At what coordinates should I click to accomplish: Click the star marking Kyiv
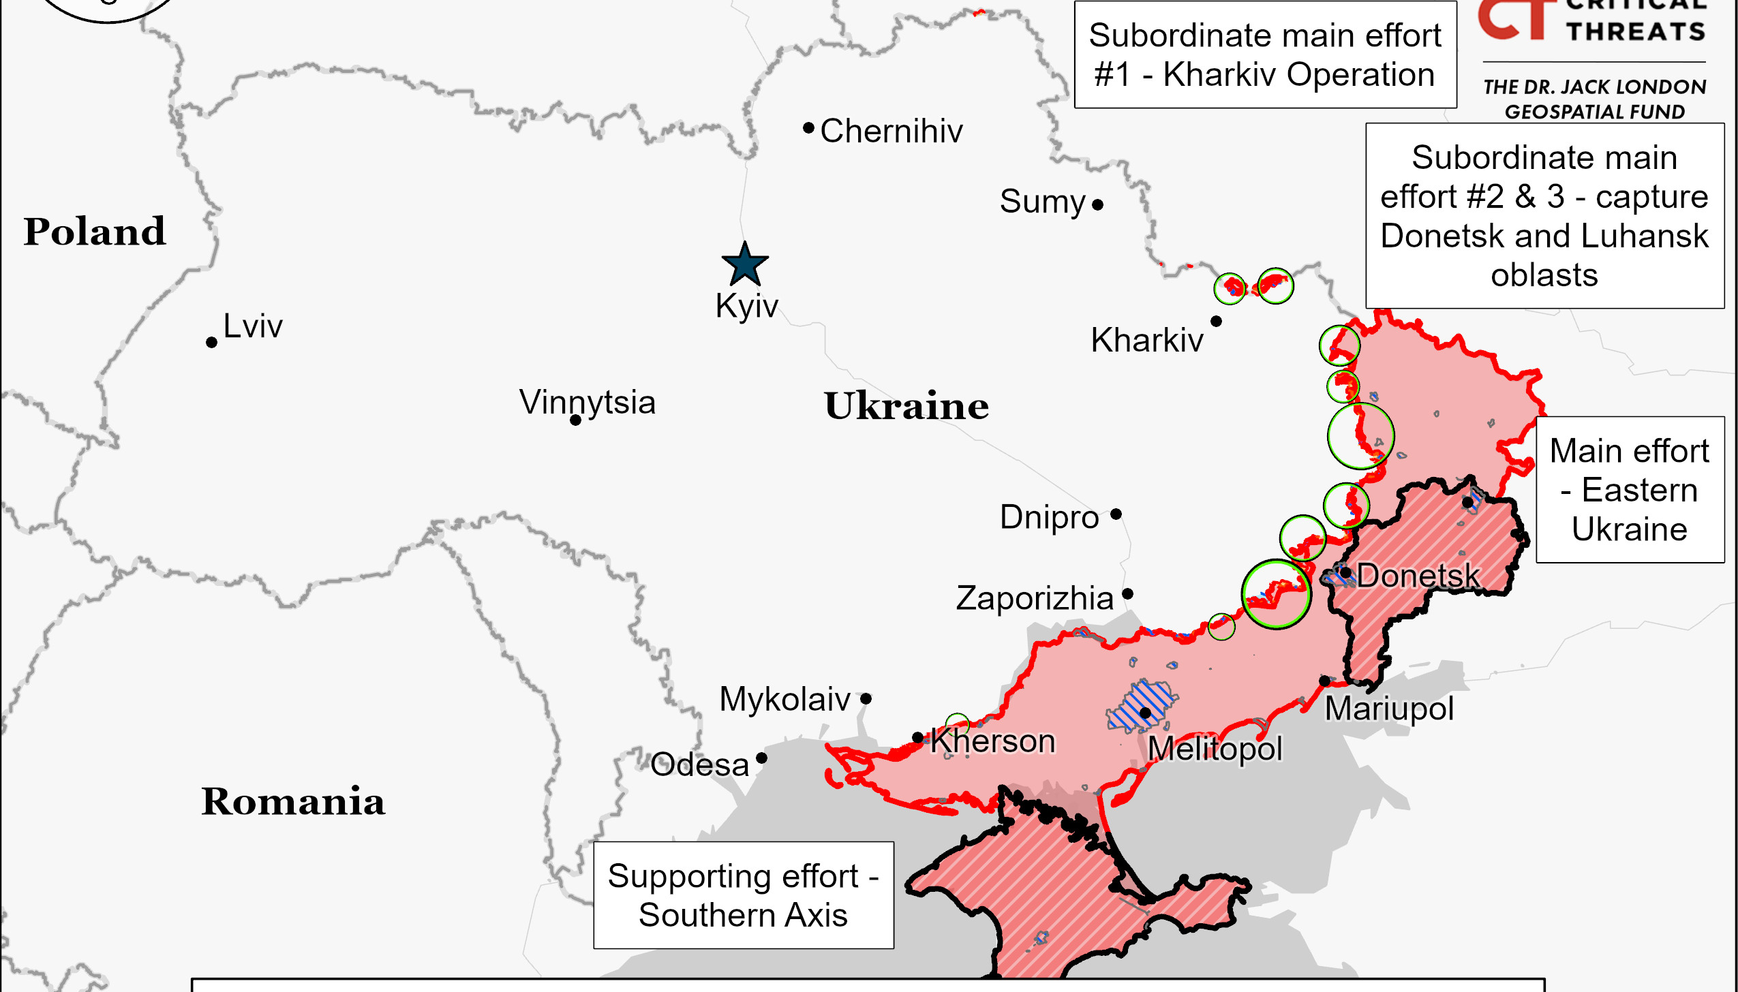click(745, 265)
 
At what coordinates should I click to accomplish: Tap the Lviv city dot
click(211, 342)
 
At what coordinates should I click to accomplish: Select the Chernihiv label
click(891, 131)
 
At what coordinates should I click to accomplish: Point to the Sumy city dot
click(1097, 204)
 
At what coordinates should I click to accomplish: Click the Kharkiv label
click(1146, 340)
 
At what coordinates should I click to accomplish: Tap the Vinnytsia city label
click(587, 402)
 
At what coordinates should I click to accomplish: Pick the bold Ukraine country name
click(906, 406)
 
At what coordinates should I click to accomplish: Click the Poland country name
click(95, 232)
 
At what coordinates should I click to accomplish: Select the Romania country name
click(293, 801)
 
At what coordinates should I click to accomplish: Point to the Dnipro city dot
click(1116, 514)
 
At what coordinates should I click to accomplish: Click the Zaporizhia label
click(1034, 598)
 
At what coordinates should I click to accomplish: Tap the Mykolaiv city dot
click(866, 699)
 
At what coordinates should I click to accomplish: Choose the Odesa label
click(699, 764)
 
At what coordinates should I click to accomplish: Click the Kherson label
click(992, 741)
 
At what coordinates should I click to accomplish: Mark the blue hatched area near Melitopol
click(1140, 705)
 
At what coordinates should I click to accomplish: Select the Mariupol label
click(1388, 709)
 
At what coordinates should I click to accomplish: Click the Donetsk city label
click(1418, 576)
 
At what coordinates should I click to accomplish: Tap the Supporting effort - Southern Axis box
click(743, 895)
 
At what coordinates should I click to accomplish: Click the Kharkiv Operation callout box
click(1265, 55)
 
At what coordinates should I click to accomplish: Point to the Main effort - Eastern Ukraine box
click(1629, 490)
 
